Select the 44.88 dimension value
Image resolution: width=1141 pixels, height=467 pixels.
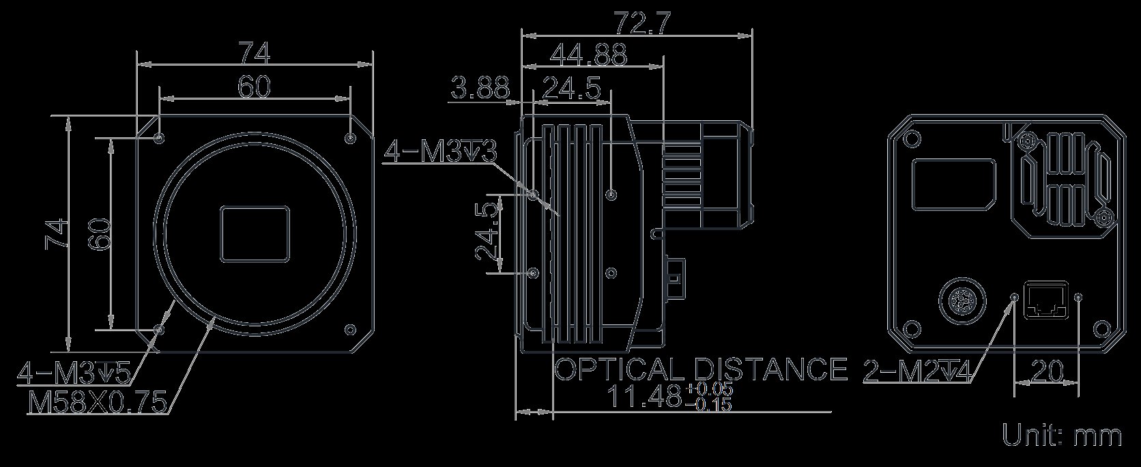tap(588, 55)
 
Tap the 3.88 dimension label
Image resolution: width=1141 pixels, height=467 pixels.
tap(480, 87)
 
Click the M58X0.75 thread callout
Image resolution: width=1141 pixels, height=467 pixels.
tap(98, 401)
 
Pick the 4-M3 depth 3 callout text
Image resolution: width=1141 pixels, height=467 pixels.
tap(439, 152)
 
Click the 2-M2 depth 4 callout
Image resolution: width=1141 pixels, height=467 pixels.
tap(917, 371)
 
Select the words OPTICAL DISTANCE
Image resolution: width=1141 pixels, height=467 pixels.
tap(701, 369)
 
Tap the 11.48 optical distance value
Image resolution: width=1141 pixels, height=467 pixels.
tap(670, 396)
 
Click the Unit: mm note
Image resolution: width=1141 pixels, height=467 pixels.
tap(1062, 436)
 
